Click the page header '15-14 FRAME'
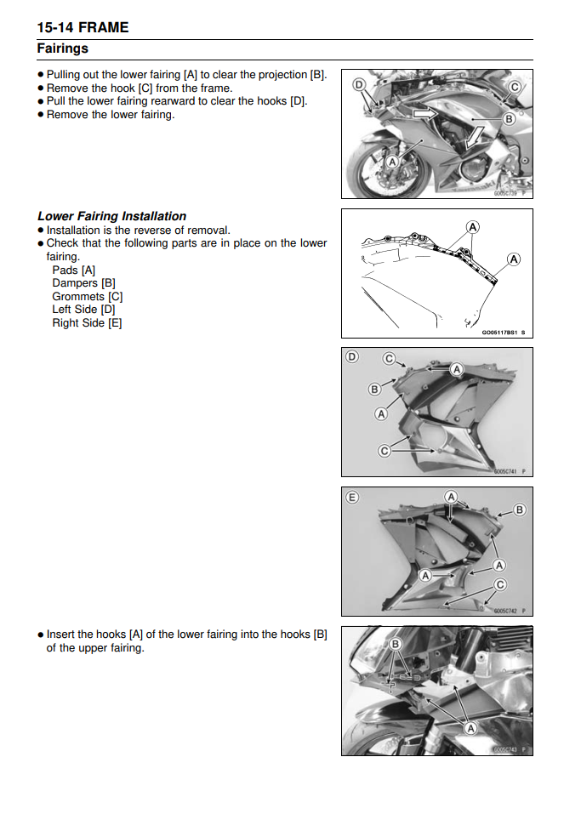click(x=83, y=27)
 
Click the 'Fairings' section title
click(x=62, y=48)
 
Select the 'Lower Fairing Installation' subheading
click(x=111, y=216)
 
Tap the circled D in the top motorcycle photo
click(x=358, y=84)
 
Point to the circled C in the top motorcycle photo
click(x=514, y=87)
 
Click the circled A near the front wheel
click(x=391, y=161)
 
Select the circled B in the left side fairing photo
click(x=374, y=390)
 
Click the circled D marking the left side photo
click(x=352, y=357)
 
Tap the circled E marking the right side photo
click(x=352, y=498)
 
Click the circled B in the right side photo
click(x=519, y=509)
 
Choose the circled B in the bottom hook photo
click(x=395, y=644)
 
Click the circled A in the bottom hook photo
click(x=470, y=729)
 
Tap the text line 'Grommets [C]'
click(x=87, y=296)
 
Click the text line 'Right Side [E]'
click(x=87, y=322)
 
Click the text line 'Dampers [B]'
click(x=83, y=283)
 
